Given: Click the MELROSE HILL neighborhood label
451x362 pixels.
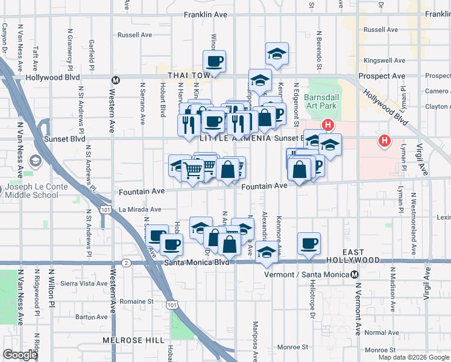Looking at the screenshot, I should (x=133, y=340).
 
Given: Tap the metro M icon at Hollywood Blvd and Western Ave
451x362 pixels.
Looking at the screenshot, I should (x=117, y=78).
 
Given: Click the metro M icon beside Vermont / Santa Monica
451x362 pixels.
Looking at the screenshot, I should (x=356, y=275).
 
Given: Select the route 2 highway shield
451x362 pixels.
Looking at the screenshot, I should (x=125, y=263).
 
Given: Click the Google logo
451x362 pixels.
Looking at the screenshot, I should (x=20, y=355).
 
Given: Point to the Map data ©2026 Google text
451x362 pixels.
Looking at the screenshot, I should (x=414, y=357).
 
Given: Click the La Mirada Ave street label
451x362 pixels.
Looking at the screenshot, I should (x=140, y=209).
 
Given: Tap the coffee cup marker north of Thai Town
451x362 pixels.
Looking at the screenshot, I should (x=214, y=61).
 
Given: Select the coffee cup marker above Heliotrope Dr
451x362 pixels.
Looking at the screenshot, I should (x=309, y=243).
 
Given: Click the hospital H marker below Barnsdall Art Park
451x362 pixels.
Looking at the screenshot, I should (x=327, y=125).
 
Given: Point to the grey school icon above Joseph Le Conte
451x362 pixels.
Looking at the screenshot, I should (x=34, y=162).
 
